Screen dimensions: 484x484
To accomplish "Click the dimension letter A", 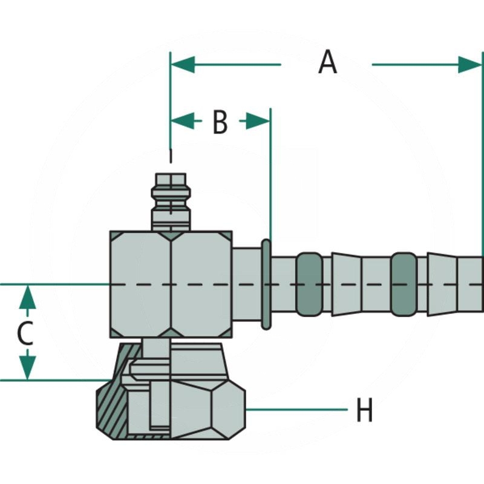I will (x=327, y=63).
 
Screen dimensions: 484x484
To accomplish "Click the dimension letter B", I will (x=220, y=122).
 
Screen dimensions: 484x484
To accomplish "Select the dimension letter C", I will (x=24, y=333).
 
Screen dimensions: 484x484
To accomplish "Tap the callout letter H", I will (x=364, y=411).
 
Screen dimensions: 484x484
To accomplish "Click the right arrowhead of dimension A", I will (x=470, y=64).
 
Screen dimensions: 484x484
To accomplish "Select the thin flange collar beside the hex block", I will (x=266, y=284).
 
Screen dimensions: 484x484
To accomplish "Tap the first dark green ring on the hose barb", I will (x=309, y=284).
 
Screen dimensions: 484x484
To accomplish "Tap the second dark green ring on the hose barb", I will (x=404, y=284).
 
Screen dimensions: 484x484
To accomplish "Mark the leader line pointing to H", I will (x=296, y=410).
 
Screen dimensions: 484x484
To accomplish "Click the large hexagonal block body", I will (x=171, y=284).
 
